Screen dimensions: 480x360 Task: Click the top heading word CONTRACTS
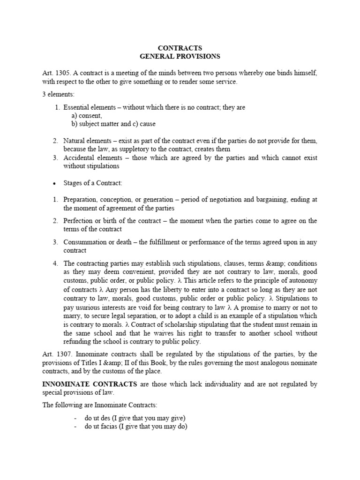click(x=180, y=48)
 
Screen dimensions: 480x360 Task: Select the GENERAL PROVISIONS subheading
click(x=180, y=57)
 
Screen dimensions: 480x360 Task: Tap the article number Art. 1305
click(x=55, y=74)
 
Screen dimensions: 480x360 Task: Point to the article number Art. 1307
click(x=55, y=355)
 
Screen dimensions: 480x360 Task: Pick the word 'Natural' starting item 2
click(x=75, y=141)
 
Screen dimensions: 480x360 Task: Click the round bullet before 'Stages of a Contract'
click(x=55, y=183)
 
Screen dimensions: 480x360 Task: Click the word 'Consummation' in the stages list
click(x=84, y=242)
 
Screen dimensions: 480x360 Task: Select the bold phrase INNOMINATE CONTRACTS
click(x=90, y=384)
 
